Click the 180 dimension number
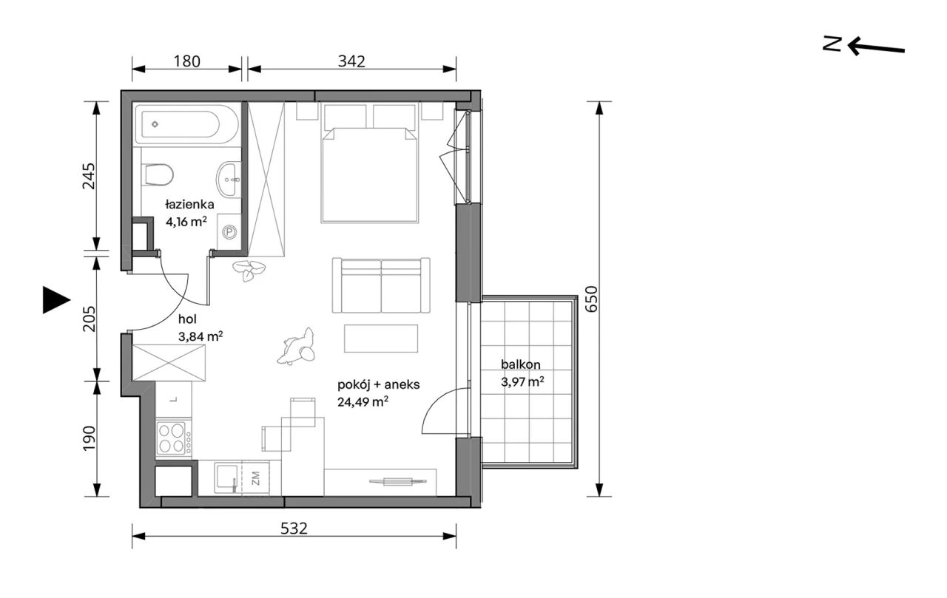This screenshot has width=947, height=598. point(187,61)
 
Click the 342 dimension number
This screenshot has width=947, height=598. point(351,61)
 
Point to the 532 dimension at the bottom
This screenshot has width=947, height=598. point(294,529)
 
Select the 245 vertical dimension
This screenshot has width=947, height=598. point(89,176)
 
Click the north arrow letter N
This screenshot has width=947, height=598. point(832,44)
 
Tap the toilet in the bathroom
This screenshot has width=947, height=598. point(158,174)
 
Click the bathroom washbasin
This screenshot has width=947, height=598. point(229,179)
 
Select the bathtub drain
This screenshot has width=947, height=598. point(155,124)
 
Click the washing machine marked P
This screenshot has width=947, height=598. point(229,231)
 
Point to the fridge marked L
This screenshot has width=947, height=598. point(174,399)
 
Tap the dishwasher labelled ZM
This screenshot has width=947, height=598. point(255,478)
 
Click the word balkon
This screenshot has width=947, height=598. point(520,364)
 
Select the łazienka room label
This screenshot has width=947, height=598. point(189,205)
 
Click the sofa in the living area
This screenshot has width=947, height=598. point(381,285)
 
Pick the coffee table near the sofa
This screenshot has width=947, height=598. point(381,339)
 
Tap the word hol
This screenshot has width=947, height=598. point(188,319)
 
